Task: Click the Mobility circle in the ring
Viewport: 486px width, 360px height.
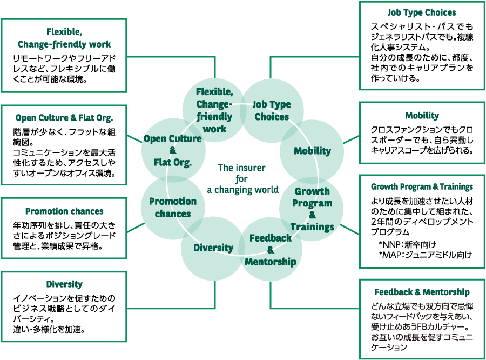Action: tap(312, 151)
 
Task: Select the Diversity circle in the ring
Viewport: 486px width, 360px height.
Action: tap(213, 248)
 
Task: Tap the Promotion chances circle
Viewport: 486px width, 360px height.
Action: tap(173, 207)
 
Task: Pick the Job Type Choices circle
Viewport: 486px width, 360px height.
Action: tap(272, 111)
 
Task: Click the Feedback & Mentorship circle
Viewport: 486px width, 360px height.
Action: tap(271, 250)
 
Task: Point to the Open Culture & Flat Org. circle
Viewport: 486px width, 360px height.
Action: tap(173, 150)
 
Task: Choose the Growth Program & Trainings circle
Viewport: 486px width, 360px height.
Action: tap(312, 209)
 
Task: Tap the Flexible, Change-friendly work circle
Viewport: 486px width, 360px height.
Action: tap(214, 110)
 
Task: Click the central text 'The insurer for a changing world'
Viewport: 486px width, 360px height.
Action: tap(242, 178)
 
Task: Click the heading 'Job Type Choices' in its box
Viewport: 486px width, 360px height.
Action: tap(422, 12)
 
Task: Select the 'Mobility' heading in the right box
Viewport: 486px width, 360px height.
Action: tap(422, 116)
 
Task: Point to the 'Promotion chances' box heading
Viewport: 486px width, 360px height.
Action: tap(64, 211)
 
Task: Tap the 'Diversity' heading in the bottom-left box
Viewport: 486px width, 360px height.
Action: tap(64, 284)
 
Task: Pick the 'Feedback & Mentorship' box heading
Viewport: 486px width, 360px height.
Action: tap(422, 292)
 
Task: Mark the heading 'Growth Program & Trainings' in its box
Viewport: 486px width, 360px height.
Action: tap(422, 187)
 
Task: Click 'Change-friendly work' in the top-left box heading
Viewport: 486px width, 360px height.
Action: tap(64, 44)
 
